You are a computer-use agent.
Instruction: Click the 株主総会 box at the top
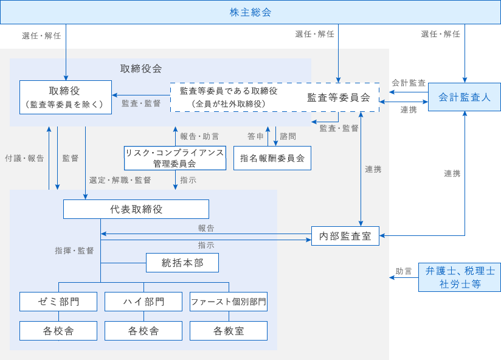tap(250, 12)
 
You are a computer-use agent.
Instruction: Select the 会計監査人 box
tap(465, 97)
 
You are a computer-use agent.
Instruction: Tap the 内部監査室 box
tap(345, 236)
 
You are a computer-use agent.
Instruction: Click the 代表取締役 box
tap(136, 209)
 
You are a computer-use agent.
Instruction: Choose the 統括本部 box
tap(182, 263)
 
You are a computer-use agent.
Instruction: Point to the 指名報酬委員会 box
tap(272, 158)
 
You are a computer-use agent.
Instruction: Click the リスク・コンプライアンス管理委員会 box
tap(174, 158)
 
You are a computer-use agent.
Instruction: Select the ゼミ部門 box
tap(58, 302)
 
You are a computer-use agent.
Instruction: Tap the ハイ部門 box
tap(143, 302)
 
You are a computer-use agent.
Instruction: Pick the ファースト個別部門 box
tap(229, 302)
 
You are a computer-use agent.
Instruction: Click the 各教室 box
tap(229, 331)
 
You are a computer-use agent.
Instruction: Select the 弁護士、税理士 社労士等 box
tap(460, 277)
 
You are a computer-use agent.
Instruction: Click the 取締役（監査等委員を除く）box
tap(66, 97)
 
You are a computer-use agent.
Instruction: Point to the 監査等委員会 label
tap(339, 97)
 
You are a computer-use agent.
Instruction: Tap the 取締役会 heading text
tap(141, 68)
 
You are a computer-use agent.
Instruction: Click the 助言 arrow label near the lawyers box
tap(404, 271)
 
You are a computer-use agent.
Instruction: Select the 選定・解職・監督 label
tap(120, 180)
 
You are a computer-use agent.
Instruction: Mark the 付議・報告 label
tap(24, 158)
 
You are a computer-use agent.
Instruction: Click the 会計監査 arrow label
tap(408, 82)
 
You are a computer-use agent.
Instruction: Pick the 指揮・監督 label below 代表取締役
tap(74, 251)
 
